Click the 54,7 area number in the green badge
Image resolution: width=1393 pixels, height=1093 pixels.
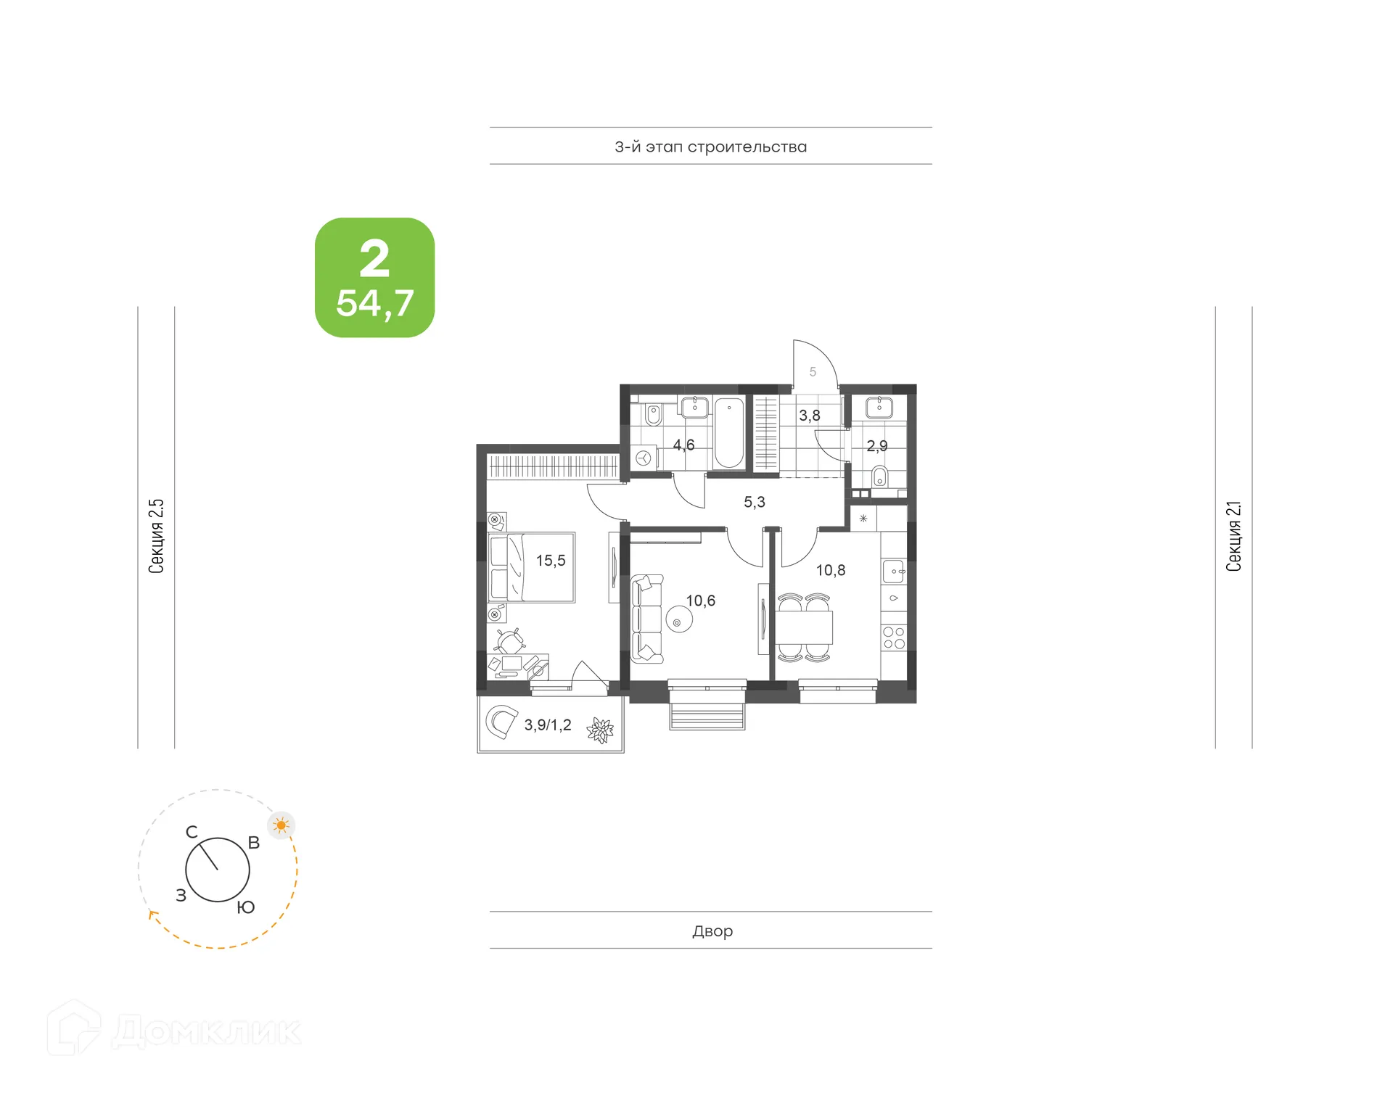(x=374, y=303)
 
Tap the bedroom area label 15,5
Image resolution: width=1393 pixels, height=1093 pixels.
(x=551, y=561)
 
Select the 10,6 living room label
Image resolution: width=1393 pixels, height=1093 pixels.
(x=700, y=601)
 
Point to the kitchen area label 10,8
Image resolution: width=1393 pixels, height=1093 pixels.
(x=830, y=570)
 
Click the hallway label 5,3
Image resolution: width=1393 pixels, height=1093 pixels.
(x=754, y=502)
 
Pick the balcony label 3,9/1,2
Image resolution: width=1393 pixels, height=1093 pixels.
(x=548, y=725)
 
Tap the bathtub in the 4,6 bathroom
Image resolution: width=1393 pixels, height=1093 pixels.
(x=729, y=433)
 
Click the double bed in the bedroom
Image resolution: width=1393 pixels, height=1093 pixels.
(x=533, y=568)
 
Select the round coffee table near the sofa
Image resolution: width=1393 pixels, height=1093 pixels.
(x=679, y=621)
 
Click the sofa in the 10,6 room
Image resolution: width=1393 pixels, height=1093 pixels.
(x=646, y=619)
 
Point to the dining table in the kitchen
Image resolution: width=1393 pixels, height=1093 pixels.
(x=804, y=628)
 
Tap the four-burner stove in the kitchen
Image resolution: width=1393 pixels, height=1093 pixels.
(x=894, y=638)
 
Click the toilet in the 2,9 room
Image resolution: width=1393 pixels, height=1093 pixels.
(x=879, y=477)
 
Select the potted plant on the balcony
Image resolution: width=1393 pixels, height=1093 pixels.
(x=600, y=730)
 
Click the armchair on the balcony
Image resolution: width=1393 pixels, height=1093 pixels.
(x=501, y=722)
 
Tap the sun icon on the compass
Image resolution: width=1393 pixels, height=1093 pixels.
(x=282, y=825)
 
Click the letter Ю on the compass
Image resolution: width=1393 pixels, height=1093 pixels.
(x=246, y=907)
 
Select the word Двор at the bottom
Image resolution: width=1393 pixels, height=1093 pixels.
(x=712, y=931)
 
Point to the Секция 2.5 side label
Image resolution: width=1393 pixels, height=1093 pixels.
(x=156, y=536)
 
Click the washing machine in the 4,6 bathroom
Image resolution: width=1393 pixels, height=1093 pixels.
(x=644, y=458)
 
